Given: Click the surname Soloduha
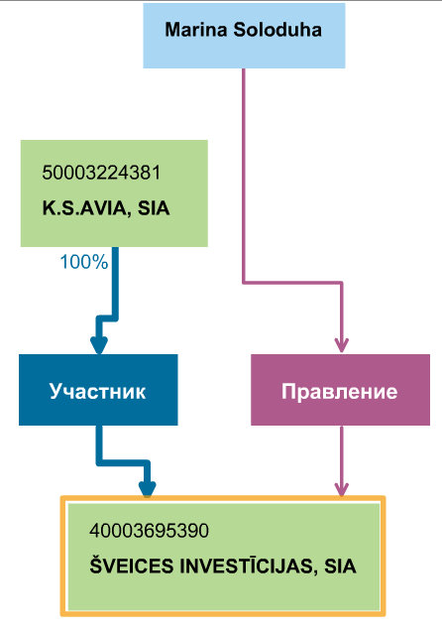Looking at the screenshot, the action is coord(277,30).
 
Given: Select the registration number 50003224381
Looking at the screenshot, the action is coord(101,173).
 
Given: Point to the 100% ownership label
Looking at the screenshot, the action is coord(84,262).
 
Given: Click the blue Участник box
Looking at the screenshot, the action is coord(98,390).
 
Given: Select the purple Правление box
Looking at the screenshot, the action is coord(340,390).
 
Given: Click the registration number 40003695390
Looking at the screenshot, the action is coord(149,531).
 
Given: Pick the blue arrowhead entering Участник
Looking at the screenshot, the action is coord(98,345).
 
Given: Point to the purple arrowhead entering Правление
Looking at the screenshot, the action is coord(342,345).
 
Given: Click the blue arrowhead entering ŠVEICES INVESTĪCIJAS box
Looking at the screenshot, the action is coord(148,489).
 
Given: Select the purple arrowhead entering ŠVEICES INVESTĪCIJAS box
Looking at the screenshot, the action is coord(342,489).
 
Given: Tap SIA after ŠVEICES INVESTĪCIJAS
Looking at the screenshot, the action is coord(340,566).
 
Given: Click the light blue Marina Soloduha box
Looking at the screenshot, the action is coord(244,36).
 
